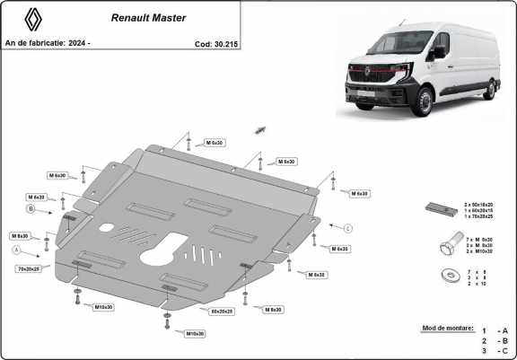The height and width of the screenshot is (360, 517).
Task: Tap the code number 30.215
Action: pyautogui.click(x=224, y=42)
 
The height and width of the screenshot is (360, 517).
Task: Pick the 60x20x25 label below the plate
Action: pyautogui.click(x=221, y=311)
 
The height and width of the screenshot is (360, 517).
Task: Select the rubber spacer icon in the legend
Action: pyautogui.click(x=440, y=210)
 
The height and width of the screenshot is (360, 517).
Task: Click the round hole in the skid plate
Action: pyautogui.click(x=107, y=225)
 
